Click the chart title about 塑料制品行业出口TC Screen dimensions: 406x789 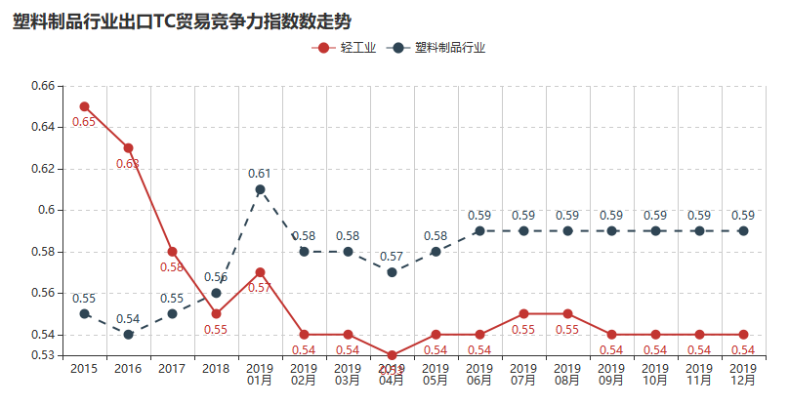(182, 21)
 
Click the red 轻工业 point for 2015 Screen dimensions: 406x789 (85, 106)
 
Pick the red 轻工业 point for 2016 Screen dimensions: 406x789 (128, 147)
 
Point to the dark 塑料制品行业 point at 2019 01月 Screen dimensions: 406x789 (260, 189)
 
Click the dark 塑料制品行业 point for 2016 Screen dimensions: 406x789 (128, 335)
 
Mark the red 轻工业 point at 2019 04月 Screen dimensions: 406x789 (392, 355)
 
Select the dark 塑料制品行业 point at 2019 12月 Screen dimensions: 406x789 (743, 231)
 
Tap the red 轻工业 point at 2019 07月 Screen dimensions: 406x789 (523, 314)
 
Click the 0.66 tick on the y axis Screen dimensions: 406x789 (43, 86)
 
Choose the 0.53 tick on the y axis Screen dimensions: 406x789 (43, 355)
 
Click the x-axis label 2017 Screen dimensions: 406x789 (172, 369)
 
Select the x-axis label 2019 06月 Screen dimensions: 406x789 (479, 375)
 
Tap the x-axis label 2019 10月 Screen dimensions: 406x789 (655, 375)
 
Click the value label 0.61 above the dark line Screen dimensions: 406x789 (260, 174)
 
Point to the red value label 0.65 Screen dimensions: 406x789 (84, 122)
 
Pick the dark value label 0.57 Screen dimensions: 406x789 (392, 256)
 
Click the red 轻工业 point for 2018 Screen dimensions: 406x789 (216, 314)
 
